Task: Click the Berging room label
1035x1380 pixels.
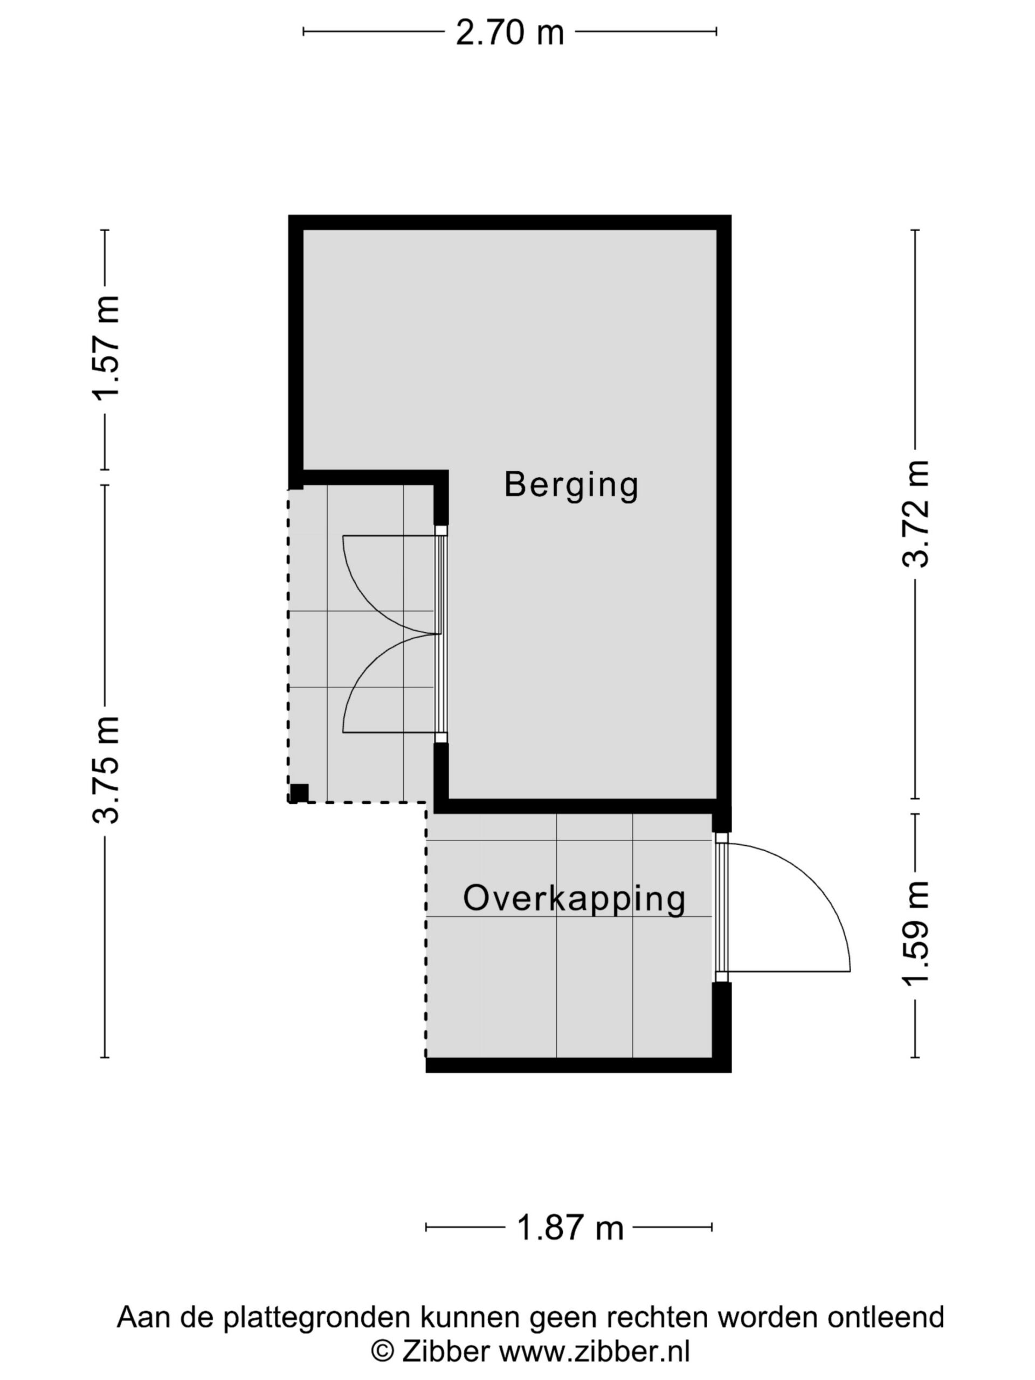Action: [x=571, y=485]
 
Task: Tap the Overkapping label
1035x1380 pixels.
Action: [x=574, y=899]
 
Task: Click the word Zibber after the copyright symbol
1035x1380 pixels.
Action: [x=445, y=1351]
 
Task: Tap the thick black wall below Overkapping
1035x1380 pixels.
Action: [x=578, y=1065]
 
